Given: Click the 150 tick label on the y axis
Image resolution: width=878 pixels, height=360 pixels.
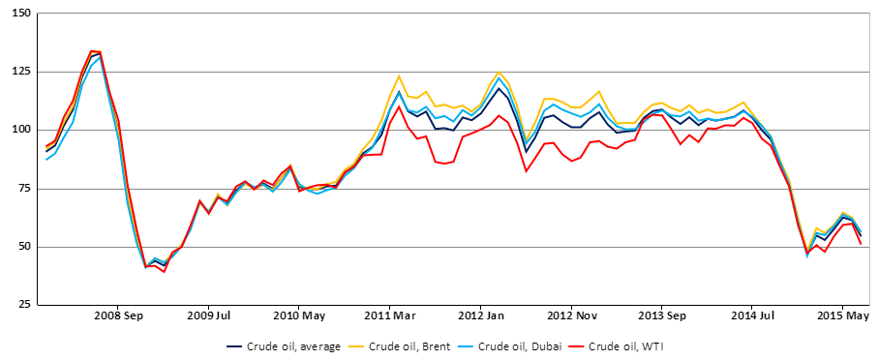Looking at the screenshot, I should (20, 13).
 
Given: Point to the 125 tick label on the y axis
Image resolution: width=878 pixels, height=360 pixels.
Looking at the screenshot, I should (20, 72).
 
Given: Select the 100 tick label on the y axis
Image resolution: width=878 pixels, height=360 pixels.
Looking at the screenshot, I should (20, 130).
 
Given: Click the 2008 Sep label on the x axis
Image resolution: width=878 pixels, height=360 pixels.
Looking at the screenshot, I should (118, 315).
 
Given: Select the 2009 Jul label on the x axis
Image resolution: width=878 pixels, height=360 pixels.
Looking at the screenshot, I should (209, 315).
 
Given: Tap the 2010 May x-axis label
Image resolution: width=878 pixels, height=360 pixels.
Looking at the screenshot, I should (299, 315).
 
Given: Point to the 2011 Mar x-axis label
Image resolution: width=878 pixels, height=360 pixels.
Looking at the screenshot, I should (390, 315).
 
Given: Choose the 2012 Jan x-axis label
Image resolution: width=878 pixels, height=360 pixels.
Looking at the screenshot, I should (480, 315).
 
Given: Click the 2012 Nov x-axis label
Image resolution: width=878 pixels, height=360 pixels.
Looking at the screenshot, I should (571, 315).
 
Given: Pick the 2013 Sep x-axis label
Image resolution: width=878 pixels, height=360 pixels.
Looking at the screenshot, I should (662, 315).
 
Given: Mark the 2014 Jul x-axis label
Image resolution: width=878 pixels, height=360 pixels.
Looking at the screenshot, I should (752, 315).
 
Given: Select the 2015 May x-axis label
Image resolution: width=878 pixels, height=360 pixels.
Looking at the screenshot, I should (843, 315).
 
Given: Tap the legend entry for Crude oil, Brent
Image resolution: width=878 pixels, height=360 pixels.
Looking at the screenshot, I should (410, 345).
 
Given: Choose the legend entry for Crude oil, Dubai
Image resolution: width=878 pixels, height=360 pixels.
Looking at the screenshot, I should (519, 345).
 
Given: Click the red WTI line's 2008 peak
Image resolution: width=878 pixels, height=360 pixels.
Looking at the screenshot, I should (92, 51).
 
